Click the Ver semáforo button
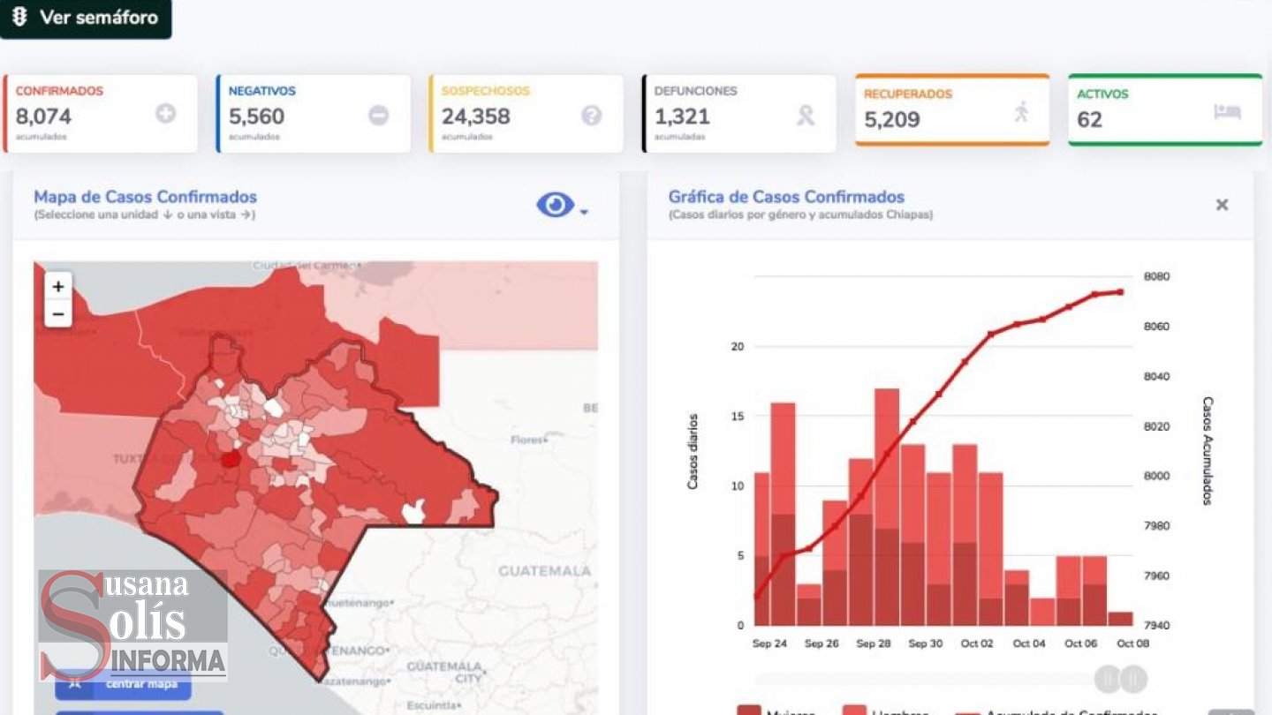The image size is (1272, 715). pyautogui.click(x=86, y=18)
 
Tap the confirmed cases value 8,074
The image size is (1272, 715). pyautogui.click(x=43, y=117)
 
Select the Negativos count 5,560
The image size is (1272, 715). pyautogui.click(x=256, y=117)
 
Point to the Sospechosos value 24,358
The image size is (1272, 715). pyautogui.click(x=475, y=117)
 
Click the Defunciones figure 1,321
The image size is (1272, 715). pyautogui.click(x=682, y=117)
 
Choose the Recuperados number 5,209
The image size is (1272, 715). pyautogui.click(x=891, y=119)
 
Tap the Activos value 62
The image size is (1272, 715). pyautogui.click(x=1089, y=119)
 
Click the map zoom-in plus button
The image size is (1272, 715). pyautogui.click(x=58, y=286)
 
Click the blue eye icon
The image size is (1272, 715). pyautogui.click(x=555, y=205)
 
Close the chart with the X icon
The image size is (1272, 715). pyautogui.click(x=1222, y=205)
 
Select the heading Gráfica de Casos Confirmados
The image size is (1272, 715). pyautogui.click(x=785, y=197)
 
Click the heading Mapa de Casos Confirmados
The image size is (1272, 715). pyautogui.click(x=145, y=197)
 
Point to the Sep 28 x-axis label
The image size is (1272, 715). pyautogui.click(x=873, y=643)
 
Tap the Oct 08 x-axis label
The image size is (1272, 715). pyautogui.click(x=1132, y=643)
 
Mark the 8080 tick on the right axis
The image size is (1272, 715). pyautogui.click(x=1156, y=276)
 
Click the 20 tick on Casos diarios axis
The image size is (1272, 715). pyautogui.click(x=738, y=346)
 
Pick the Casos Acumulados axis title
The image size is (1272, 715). pyautogui.click(x=1207, y=450)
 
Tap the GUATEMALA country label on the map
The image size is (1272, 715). pyautogui.click(x=544, y=571)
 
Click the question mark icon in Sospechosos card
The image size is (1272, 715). pyautogui.click(x=591, y=115)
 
